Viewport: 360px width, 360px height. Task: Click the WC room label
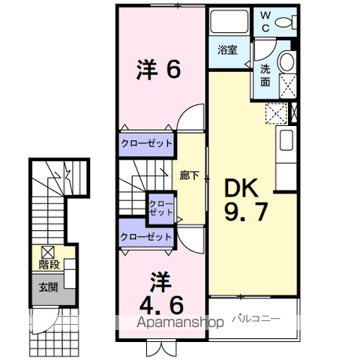(265, 22)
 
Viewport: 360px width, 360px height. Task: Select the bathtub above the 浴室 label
(229, 21)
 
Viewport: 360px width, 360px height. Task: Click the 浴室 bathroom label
(227, 49)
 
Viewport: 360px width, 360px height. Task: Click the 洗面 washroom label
(265, 75)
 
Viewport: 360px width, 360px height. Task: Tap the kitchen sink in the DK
(286, 140)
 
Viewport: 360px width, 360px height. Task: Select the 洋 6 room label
(158, 70)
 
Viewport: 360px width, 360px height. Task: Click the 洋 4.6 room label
(161, 293)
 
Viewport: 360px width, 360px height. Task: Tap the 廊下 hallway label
(189, 175)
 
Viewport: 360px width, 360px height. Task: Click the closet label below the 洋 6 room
(146, 144)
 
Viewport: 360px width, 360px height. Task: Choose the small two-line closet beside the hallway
(160, 208)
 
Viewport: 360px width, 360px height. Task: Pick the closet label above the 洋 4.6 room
(146, 237)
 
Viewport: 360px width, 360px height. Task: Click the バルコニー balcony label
(256, 319)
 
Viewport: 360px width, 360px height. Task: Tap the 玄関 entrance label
(49, 287)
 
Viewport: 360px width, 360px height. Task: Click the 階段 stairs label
(49, 265)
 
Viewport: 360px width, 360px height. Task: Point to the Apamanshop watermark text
(180, 322)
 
